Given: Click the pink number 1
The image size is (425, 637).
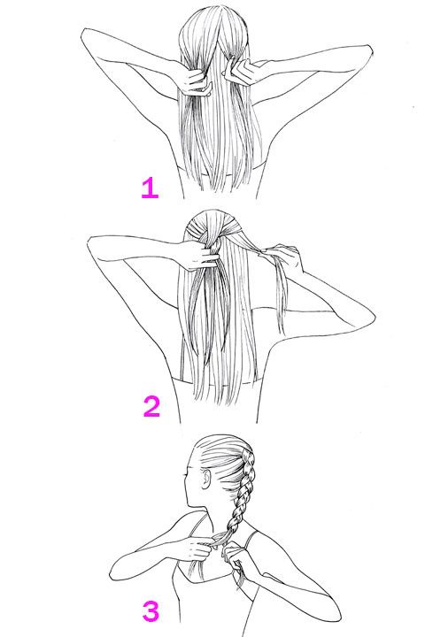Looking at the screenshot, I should click(150, 188).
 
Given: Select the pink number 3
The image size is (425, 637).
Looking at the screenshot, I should click(151, 610).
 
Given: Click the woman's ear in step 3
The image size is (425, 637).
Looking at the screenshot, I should click(206, 482).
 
